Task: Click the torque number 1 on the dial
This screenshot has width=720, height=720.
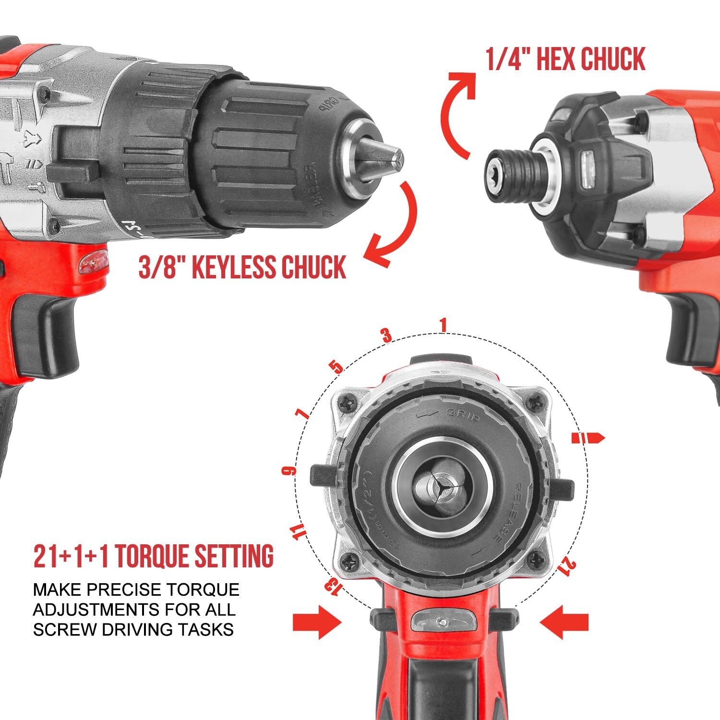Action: click(443, 325)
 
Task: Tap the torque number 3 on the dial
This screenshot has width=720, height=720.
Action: click(387, 336)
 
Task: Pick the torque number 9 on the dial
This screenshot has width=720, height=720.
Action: click(288, 471)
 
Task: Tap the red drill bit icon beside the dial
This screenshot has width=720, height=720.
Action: click(588, 438)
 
